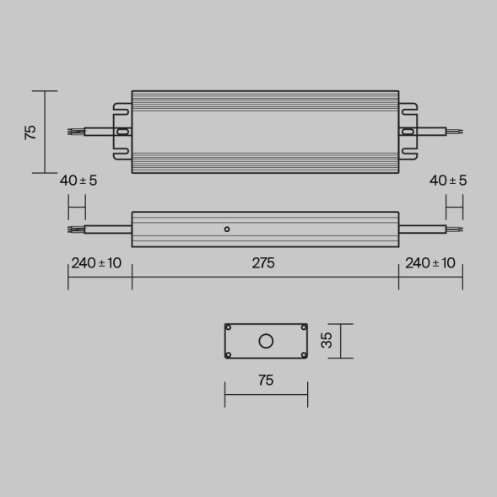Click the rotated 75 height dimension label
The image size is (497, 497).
coord(31,132)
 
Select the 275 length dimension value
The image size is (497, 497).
coord(263,263)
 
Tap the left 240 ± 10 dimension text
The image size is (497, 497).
coord(96,263)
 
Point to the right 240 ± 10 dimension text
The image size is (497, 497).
coord(430,263)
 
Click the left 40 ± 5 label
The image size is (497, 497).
coord(78,181)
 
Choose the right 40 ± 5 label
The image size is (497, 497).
coord(448,181)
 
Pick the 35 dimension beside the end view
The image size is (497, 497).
coord(328,340)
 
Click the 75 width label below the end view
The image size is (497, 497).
coord(265,381)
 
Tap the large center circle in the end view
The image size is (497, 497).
coord(266,341)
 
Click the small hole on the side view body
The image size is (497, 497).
coord(226,229)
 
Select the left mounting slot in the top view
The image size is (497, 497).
coord(123,132)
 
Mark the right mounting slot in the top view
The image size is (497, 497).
coord(408,132)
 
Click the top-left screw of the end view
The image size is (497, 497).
coord(229,327)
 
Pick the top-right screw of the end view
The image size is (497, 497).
coord(303,327)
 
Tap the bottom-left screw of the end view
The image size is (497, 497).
coord(229,354)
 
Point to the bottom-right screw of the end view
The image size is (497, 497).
coord(303,354)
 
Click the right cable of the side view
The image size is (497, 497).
coord(422,229)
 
